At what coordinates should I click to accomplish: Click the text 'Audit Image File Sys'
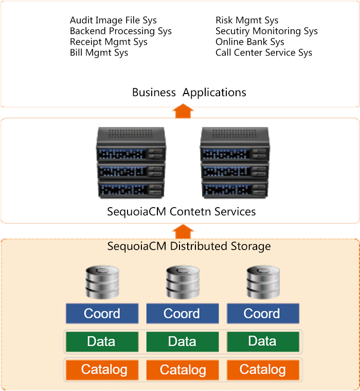point(113,21)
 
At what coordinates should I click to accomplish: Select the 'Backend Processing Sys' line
point(121,31)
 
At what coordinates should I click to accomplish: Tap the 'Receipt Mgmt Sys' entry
point(109,42)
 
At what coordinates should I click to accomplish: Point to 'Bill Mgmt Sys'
point(99,53)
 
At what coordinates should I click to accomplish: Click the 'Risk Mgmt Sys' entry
point(247,21)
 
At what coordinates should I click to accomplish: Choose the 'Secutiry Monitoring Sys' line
point(266,31)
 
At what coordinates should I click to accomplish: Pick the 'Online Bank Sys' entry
point(250,42)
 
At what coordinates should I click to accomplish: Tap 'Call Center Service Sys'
point(264,53)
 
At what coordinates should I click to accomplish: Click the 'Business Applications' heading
point(189,92)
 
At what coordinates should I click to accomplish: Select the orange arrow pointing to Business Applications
point(183,111)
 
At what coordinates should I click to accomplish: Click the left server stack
point(131,162)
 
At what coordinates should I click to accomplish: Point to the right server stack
point(235,162)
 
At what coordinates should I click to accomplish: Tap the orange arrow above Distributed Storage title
point(183,231)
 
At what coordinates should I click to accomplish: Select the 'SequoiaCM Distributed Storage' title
point(189,247)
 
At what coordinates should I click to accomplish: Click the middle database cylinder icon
point(183,282)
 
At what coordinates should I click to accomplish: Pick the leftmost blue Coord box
point(102,313)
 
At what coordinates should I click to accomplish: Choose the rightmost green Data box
point(263,342)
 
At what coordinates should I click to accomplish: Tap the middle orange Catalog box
point(183,370)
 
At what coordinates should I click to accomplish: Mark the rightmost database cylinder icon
point(263,282)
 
